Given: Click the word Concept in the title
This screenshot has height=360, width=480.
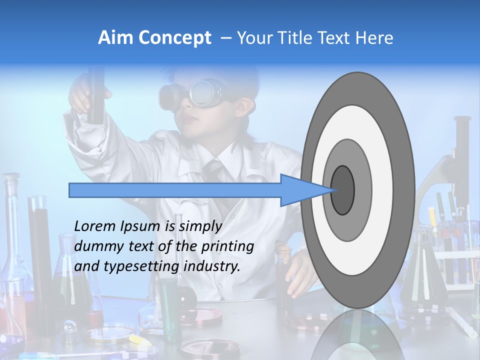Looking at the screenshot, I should (x=174, y=38).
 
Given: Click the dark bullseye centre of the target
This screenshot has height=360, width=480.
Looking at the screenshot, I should (x=343, y=190).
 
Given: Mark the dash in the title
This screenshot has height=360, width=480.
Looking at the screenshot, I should (x=225, y=38).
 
